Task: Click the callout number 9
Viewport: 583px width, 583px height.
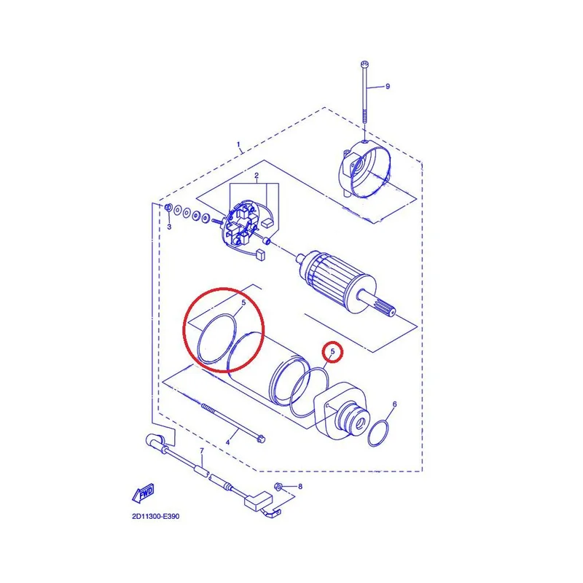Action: tap(388, 86)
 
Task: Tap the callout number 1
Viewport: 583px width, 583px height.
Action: tap(238, 144)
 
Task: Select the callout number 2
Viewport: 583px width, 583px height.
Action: tap(257, 176)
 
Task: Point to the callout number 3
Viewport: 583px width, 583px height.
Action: tap(169, 227)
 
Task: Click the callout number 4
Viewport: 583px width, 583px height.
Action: tap(227, 442)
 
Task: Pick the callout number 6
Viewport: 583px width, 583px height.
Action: tap(394, 404)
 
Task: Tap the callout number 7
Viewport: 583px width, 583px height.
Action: tap(202, 450)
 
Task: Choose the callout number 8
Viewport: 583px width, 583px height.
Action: tap(300, 486)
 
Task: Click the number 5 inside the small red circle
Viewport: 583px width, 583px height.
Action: tap(333, 351)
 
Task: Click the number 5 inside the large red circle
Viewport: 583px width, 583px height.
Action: tap(243, 302)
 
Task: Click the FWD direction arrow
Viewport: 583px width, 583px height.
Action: tap(143, 493)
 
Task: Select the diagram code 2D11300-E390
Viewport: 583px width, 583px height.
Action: tap(155, 516)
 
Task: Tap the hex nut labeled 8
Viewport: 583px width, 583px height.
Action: tap(278, 486)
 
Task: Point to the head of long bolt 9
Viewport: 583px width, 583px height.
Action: tap(364, 65)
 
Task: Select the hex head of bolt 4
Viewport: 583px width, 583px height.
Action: tap(261, 439)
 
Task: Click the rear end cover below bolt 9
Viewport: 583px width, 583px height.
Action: tap(365, 169)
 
